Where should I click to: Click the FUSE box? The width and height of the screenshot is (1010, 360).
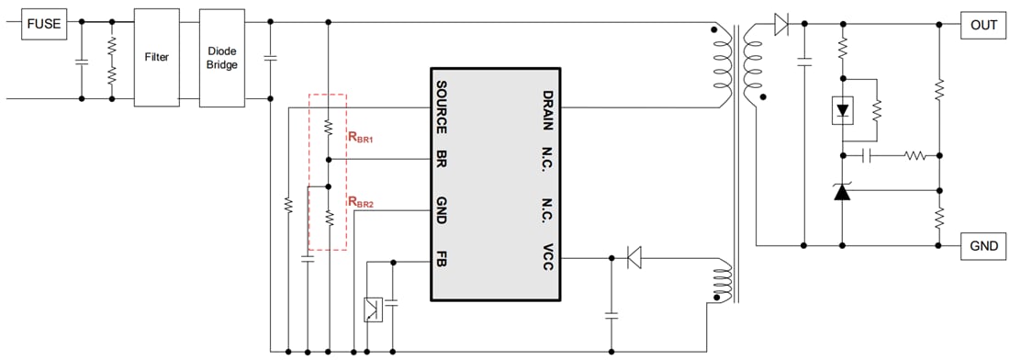click(x=44, y=24)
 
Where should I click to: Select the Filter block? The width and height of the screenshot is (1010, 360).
click(x=157, y=57)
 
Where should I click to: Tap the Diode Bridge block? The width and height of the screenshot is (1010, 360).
click(x=221, y=57)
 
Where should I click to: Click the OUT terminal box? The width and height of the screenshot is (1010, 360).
click(x=983, y=25)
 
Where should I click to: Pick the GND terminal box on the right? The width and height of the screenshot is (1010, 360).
click(x=983, y=246)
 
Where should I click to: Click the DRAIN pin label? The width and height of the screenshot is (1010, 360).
click(x=547, y=107)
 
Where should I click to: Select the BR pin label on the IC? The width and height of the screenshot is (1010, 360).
click(x=442, y=158)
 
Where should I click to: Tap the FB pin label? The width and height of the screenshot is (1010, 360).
click(x=442, y=259)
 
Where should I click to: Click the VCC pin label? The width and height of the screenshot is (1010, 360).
click(x=547, y=258)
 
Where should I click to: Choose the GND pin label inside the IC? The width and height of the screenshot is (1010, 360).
click(x=442, y=209)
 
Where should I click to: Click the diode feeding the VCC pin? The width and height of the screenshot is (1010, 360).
click(x=634, y=258)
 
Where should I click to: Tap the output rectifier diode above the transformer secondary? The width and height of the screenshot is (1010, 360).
click(x=781, y=25)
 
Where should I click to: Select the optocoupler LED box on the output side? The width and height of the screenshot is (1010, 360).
click(x=842, y=110)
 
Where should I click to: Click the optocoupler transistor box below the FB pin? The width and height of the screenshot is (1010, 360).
click(x=374, y=309)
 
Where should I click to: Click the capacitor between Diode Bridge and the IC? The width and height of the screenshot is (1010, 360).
click(x=270, y=58)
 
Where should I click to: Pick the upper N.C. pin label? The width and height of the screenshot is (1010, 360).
click(x=547, y=158)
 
